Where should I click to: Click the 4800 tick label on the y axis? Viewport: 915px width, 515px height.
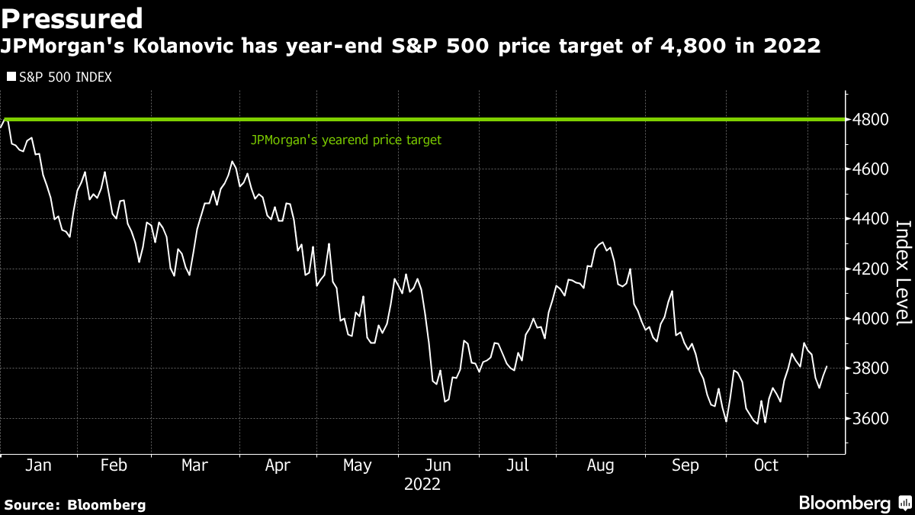[x=872, y=120]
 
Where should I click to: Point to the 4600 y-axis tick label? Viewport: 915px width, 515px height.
[x=872, y=169]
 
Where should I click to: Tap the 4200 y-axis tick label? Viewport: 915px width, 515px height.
[x=872, y=269]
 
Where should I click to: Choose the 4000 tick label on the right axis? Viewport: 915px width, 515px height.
[x=872, y=319]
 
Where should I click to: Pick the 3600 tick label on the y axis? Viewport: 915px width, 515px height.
[x=872, y=419]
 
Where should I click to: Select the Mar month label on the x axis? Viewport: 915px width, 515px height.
[x=194, y=465]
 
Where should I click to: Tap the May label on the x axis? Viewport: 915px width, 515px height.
[x=357, y=465]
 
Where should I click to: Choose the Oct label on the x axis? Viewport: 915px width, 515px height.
[x=766, y=465]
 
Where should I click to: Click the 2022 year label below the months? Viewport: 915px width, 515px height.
[x=422, y=484]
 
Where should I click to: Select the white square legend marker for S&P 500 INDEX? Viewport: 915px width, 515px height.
[x=11, y=77]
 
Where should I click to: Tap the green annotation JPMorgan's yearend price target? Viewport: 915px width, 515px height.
[x=346, y=140]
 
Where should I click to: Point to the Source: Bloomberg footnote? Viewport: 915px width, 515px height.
[x=75, y=504]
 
